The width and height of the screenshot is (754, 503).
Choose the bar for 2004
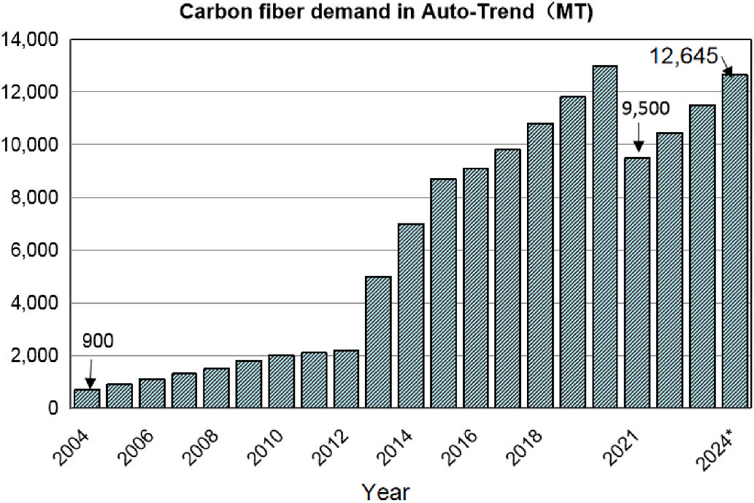pos(88,399)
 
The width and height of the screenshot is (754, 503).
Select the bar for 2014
pos(411,316)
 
